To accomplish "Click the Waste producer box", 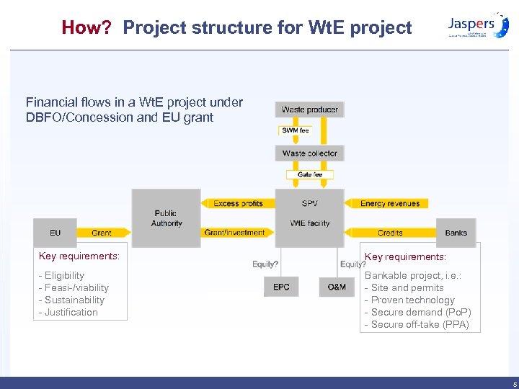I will pyautogui.click(x=309, y=109).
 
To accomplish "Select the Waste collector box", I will pyautogui.click(x=309, y=153).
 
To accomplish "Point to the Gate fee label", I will pyautogui.click(x=310, y=174).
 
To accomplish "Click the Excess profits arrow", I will pyautogui.click(x=238, y=204).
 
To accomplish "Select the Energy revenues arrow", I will pyautogui.click(x=388, y=204).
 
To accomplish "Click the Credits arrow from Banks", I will pyautogui.click(x=390, y=233).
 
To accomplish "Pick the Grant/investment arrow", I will pyautogui.click(x=235, y=233).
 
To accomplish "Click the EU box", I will pyautogui.click(x=56, y=233).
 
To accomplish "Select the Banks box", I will pyautogui.click(x=456, y=233).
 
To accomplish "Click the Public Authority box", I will pyautogui.click(x=167, y=218).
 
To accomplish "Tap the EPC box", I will pyautogui.click(x=281, y=287).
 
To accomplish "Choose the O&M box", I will pyautogui.click(x=337, y=287).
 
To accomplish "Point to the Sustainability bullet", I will pyautogui.click(x=74, y=300).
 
